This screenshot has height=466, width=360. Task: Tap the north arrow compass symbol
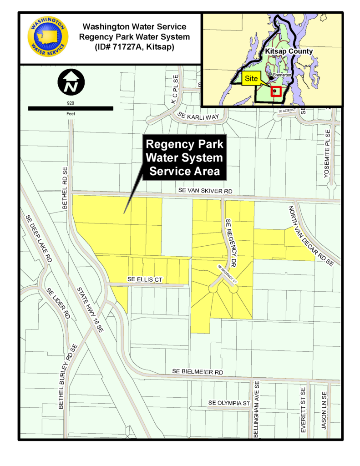71,82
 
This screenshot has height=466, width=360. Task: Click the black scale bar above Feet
71,108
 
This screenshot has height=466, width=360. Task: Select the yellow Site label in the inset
251,78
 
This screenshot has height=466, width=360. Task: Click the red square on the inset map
275,91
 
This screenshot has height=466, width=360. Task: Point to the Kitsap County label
289,51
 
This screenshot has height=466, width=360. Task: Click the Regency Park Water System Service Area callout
184,157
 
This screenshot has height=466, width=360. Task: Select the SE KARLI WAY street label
199,116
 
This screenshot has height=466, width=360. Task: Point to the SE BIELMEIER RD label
198,372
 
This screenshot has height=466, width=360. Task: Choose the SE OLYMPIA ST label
230,403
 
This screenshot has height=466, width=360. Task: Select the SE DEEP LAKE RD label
38,238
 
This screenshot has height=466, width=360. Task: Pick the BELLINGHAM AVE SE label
257,410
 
